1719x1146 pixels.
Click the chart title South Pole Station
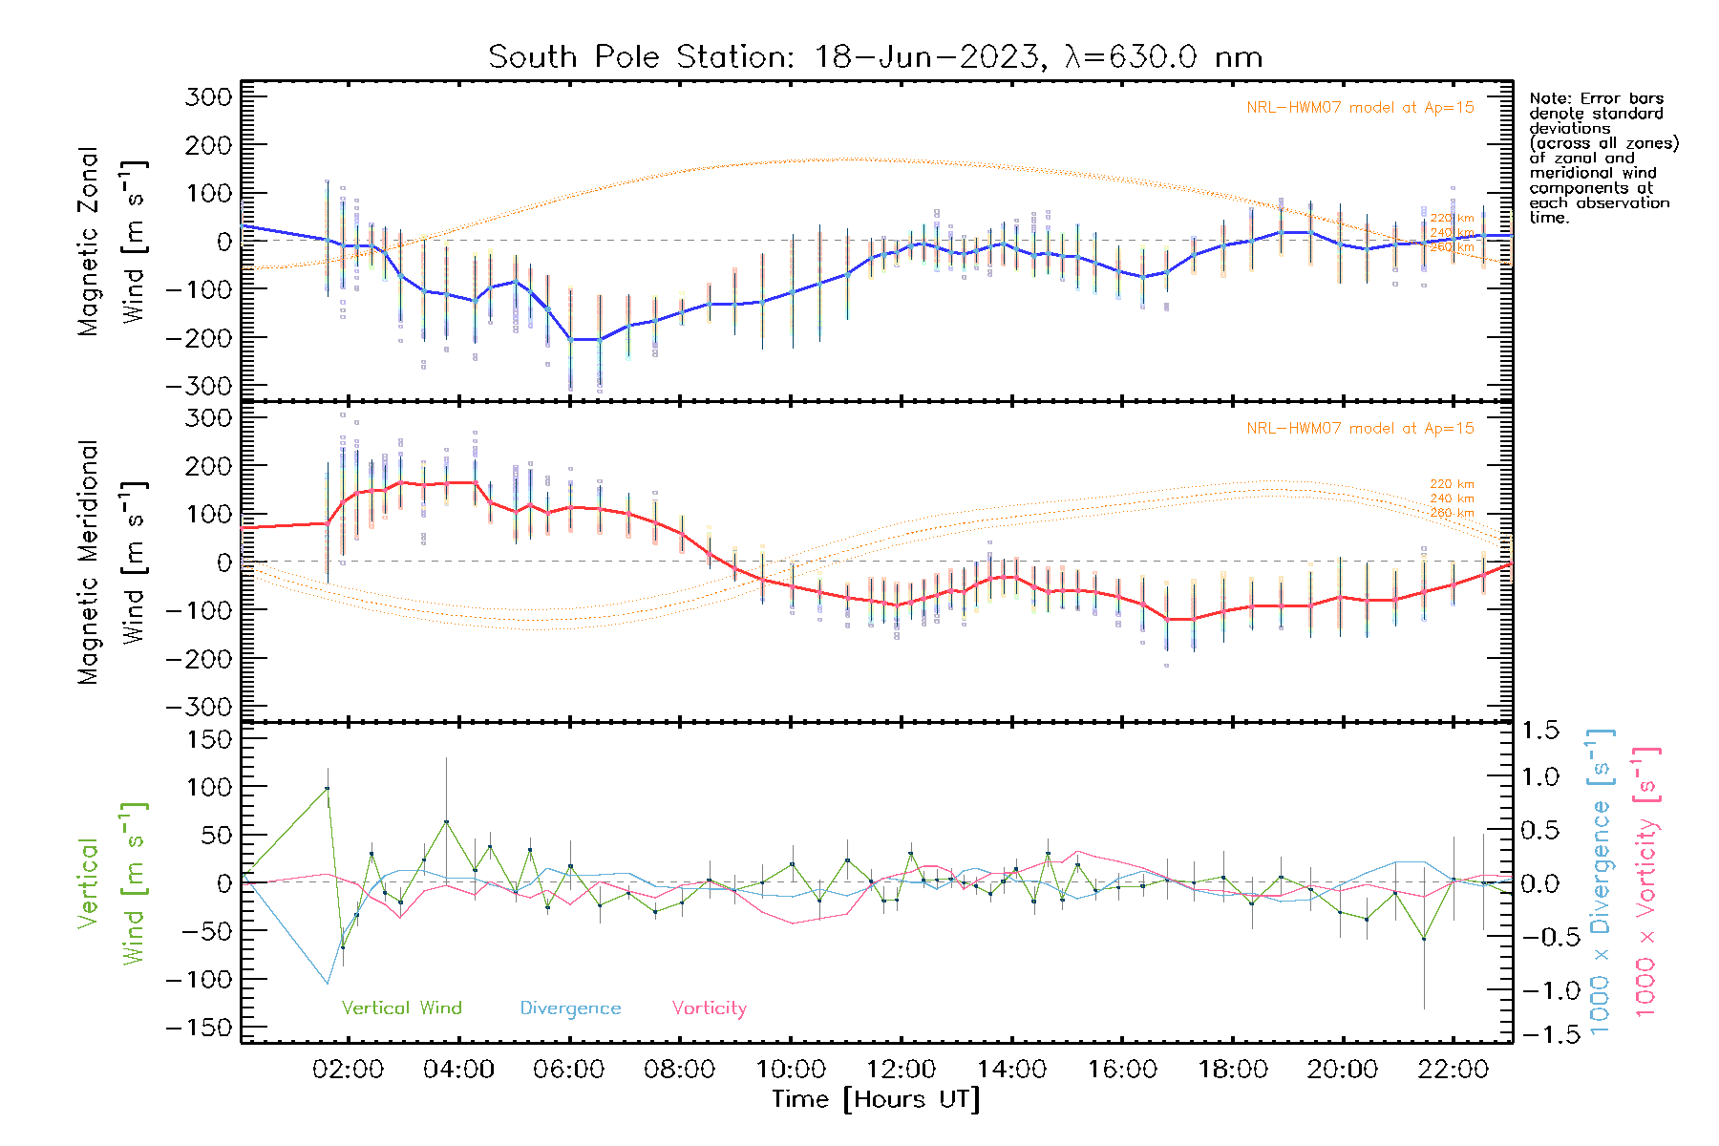point(875,57)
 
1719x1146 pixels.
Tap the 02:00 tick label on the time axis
point(348,1070)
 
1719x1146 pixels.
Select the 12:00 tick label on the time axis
point(901,1070)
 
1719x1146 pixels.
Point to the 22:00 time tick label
point(1453,1070)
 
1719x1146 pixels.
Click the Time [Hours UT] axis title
point(876,1099)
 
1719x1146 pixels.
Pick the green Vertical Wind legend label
point(401,1008)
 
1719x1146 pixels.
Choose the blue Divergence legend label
point(570,1008)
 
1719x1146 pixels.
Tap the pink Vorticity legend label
point(709,1008)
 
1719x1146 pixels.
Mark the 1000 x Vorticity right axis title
point(1646,881)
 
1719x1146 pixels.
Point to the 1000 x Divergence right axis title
point(1601,881)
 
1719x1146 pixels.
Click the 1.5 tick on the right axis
point(1540,731)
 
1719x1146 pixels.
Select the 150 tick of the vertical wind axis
point(209,739)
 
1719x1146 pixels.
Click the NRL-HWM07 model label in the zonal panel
point(1360,108)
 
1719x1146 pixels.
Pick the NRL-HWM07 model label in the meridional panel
point(1360,429)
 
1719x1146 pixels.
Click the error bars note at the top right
point(1602,158)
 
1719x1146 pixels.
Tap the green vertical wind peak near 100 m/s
point(327,788)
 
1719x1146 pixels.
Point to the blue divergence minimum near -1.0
point(328,983)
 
